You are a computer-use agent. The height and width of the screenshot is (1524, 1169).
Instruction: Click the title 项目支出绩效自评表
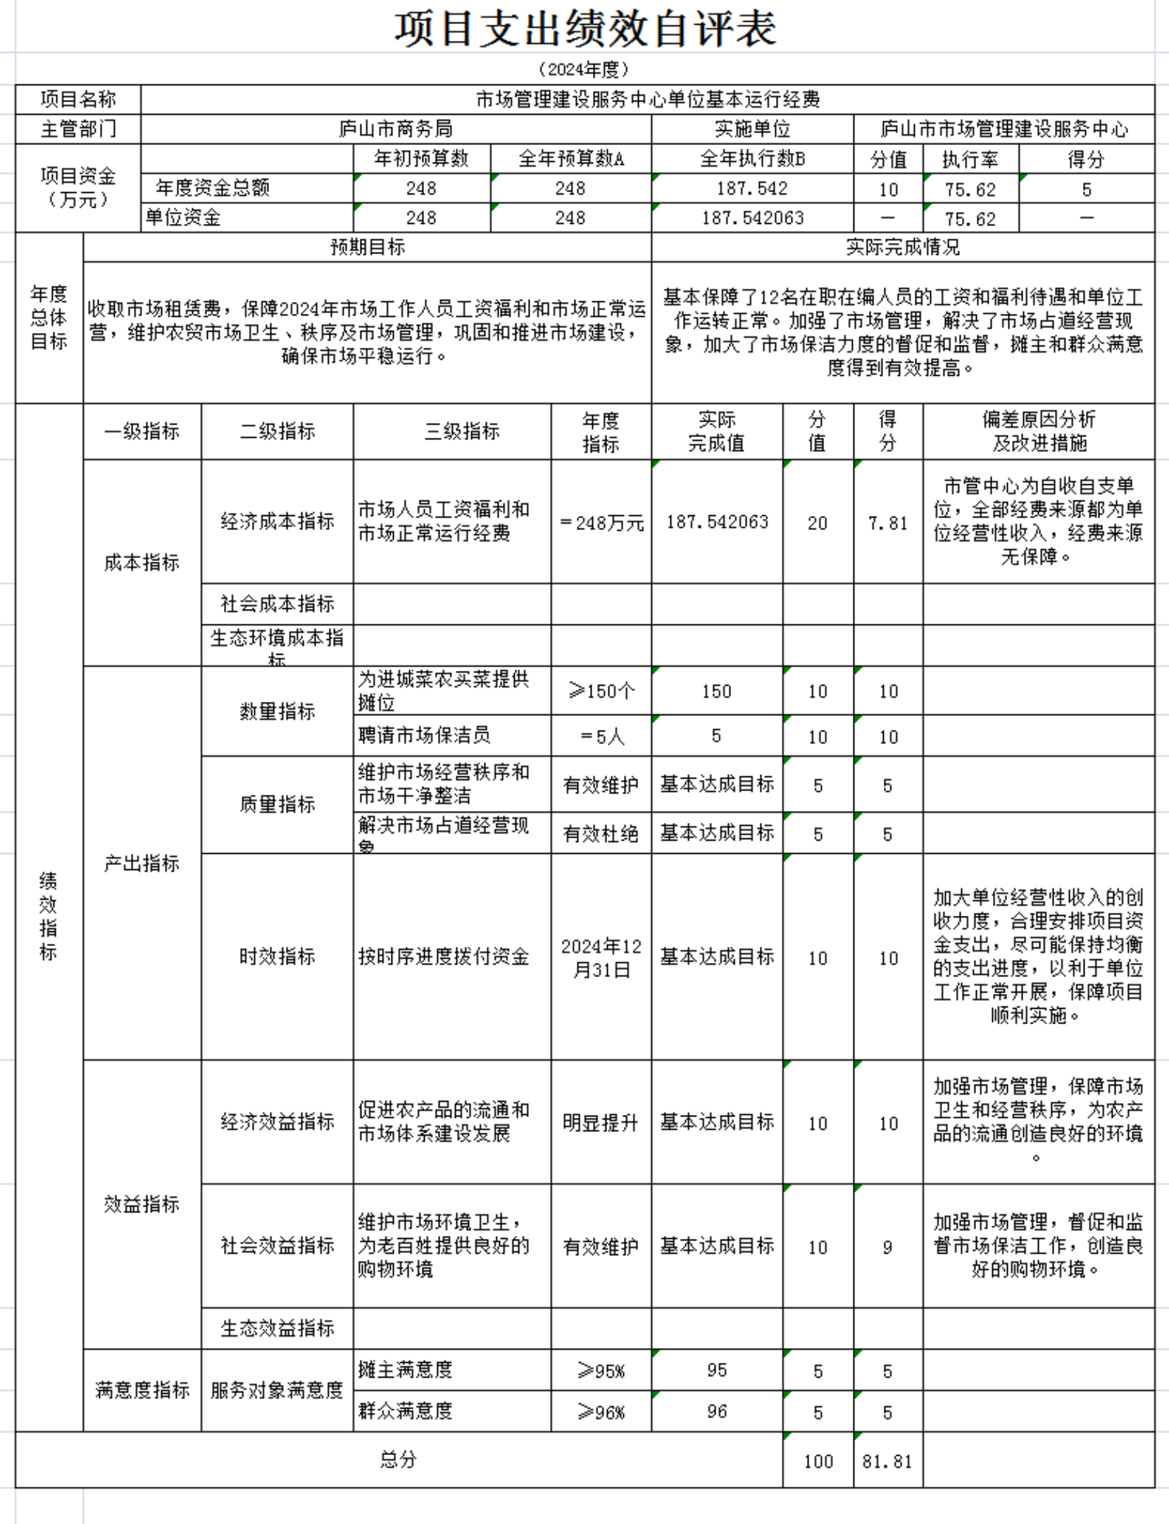pos(584,30)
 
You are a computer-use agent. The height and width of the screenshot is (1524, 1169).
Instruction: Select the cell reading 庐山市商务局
pos(395,129)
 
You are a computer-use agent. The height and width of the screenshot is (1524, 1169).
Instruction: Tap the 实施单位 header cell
pos(751,129)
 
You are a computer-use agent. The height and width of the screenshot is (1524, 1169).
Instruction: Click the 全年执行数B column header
pos(751,159)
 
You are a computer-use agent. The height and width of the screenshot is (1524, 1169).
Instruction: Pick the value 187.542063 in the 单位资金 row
pos(751,218)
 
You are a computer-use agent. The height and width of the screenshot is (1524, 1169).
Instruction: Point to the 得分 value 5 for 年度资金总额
pos(1086,189)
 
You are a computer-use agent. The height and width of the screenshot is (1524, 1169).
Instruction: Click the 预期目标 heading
pos(367,247)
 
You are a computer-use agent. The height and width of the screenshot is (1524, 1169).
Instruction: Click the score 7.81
pos(887,522)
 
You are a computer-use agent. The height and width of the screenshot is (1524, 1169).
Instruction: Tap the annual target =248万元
pos(601,522)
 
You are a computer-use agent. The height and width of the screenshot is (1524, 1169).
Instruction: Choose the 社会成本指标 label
pos(277,603)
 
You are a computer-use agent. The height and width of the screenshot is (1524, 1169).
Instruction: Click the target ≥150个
pos(601,691)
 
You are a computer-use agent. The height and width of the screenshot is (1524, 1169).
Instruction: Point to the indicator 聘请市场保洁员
pos(424,735)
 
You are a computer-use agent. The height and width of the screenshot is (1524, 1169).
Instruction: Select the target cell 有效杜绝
pos(601,833)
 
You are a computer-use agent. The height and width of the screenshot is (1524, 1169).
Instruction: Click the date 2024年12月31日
pos(601,957)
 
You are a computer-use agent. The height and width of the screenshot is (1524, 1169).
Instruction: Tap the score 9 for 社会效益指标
pos(887,1247)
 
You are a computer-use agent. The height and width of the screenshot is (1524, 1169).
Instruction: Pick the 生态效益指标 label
pos(277,1328)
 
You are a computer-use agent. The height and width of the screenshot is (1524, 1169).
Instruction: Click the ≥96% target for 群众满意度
pos(601,1411)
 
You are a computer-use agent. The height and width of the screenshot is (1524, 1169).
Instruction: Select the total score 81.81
pos(887,1461)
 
